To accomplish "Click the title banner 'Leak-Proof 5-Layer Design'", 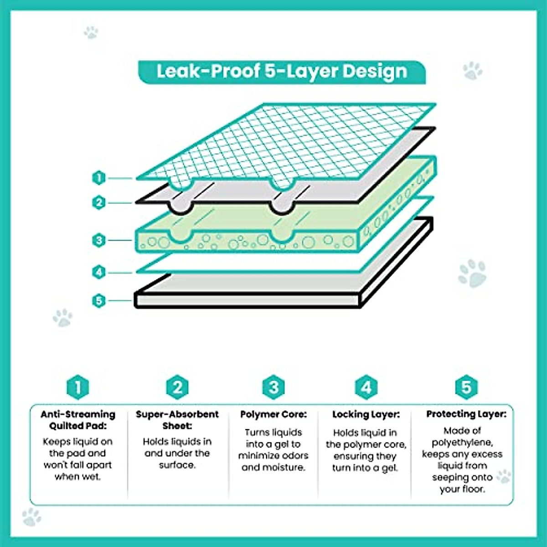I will [282, 72].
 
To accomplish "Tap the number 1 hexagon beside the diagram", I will [98, 178].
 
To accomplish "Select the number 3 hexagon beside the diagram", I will [98, 240].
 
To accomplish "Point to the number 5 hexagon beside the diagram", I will [98, 301].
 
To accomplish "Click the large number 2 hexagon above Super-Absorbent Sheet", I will [177, 388].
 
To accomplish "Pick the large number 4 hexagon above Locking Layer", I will [366, 388].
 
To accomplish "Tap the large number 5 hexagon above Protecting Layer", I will [466, 387].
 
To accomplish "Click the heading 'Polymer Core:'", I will [273, 414].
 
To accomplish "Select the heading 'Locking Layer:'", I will [366, 414].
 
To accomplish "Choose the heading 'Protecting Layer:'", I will [466, 414].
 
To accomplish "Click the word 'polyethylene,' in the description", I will [462, 443].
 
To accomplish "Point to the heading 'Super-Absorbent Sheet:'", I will [177, 420].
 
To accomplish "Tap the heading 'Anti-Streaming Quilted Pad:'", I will [77, 420].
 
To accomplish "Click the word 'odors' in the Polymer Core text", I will [293, 455].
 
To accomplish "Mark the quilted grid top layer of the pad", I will [292, 141].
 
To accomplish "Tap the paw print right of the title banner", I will [472, 71].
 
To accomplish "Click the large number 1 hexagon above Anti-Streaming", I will [77, 388].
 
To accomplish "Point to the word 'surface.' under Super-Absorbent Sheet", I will [177, 465].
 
